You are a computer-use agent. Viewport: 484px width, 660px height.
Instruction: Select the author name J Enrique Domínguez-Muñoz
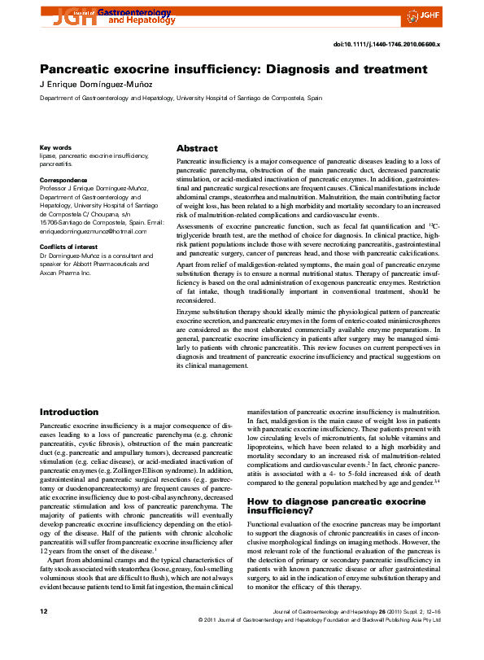[x=97, y=85]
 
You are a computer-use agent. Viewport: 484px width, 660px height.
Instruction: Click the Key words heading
[x=55, y=147]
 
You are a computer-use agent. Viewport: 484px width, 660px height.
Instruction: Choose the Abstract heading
[x=197, y=149]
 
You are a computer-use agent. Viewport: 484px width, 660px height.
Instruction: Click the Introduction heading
[x=69, y=413]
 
